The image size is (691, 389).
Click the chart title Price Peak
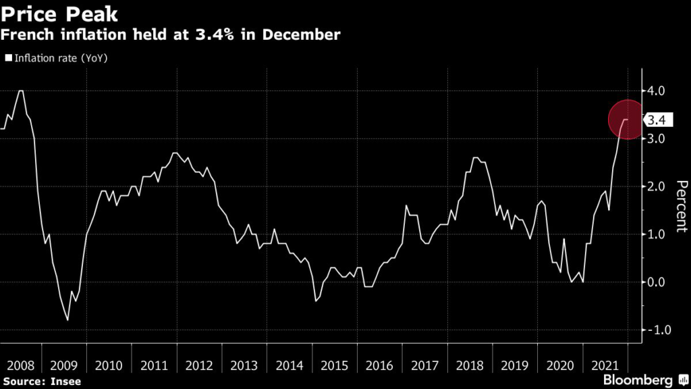[x=60, y=14]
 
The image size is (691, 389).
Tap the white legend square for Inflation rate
[x=9, y=59]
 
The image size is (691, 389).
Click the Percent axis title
[x=682, y=206]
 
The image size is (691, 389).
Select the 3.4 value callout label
[x=657, y=121]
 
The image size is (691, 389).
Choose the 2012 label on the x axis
[x=199, y=365]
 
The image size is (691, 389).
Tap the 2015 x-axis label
[x=334, y=365]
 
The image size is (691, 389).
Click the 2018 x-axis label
[x=470, y=365]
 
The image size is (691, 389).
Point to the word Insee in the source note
[x=65, y=382]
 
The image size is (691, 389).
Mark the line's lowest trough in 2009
[x=67, y=319]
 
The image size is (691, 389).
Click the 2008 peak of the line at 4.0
[x=20, y=90]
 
